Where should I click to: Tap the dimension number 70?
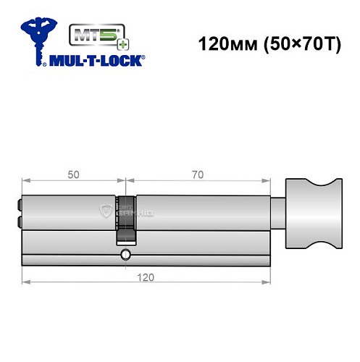(198, 174)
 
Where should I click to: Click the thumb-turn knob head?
(314, 213)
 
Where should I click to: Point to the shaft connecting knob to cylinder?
(278, 214)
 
